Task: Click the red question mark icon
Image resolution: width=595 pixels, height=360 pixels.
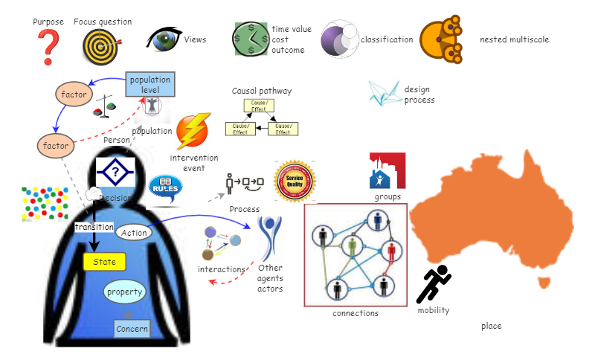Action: (49, 47)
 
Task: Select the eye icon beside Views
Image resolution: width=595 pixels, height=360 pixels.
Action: (163, 39)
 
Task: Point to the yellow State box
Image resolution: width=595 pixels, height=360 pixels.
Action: (104, 262)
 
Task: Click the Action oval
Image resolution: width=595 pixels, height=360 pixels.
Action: (134, 233)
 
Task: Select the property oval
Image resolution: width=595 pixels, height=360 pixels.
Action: (124, 292)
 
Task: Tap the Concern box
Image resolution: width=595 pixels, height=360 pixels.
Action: (132, 328)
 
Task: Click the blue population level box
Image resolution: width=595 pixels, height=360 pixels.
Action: (150, 85)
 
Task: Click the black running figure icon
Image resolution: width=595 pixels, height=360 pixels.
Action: (434, 284)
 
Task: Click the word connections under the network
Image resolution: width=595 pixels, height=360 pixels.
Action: (356, 313)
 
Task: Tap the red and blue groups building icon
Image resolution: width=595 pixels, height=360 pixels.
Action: (387, 171)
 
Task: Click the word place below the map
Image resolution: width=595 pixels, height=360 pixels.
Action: (492, 326)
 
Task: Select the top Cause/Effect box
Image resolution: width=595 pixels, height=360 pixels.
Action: (260, 106)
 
